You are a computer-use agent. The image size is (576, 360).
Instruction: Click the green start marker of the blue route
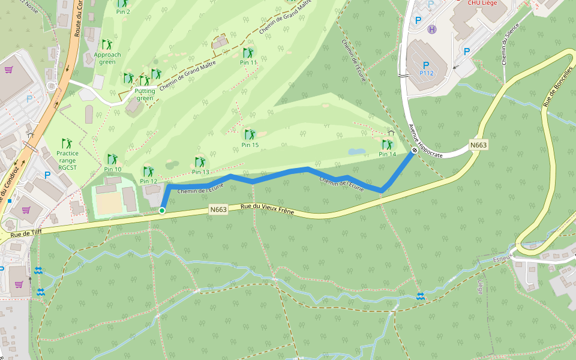tap(162, 210)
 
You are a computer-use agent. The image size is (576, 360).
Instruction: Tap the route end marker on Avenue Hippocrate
tap(414, 151)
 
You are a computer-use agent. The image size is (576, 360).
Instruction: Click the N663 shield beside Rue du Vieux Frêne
tap(219, 209)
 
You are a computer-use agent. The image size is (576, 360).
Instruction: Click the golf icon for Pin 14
tap(387, 144)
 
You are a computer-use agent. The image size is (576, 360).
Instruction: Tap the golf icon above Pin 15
tap(250, 134)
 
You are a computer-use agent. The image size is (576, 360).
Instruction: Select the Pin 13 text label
tap(200, 172)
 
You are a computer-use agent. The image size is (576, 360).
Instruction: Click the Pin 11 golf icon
tap(248, 52)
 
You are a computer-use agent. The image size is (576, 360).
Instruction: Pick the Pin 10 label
tap(112, 169)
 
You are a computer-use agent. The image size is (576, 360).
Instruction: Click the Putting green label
tap(145, 95)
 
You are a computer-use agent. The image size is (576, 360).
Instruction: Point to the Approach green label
tap(107, 58)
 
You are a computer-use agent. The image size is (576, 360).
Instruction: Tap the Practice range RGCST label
tap(67, 161)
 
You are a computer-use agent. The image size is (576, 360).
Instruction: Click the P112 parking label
tap(426, 73)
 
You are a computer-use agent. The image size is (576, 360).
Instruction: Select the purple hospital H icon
tap(431, 29)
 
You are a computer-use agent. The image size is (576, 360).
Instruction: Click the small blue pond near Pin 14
tap(356, 152)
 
